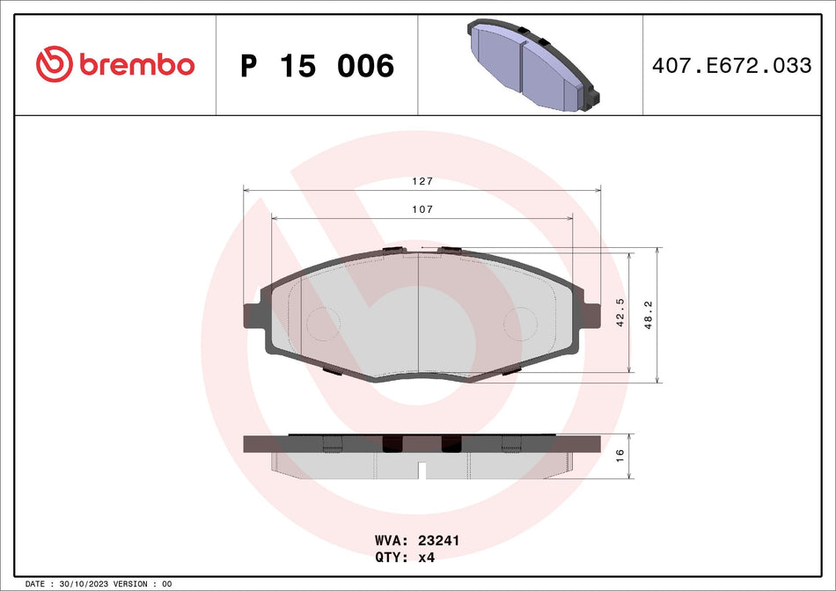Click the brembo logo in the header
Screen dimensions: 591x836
pos(114,64)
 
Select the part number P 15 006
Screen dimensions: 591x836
pos(317,66)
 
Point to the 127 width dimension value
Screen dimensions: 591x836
pos(423,181)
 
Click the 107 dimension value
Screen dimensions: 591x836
pos(423,209)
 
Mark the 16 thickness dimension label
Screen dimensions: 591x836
pos(620,456)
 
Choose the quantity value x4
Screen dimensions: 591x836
pos(426,557)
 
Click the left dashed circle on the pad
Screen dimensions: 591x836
pos(323,324)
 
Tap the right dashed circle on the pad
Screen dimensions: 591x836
pos(520,324)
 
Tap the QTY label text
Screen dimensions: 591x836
pos(390,557)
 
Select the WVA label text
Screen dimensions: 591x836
pos(390,541)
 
